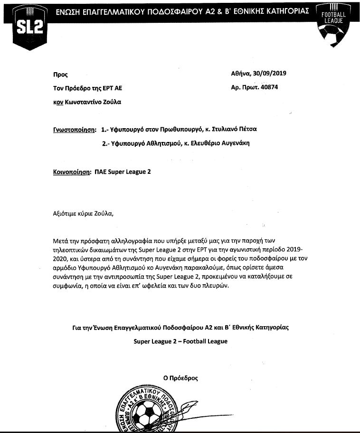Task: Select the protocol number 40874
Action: point(276,87)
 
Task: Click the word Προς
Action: point(60,74)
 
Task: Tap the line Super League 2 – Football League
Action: point(180,341)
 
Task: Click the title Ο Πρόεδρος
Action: point(180,378)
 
